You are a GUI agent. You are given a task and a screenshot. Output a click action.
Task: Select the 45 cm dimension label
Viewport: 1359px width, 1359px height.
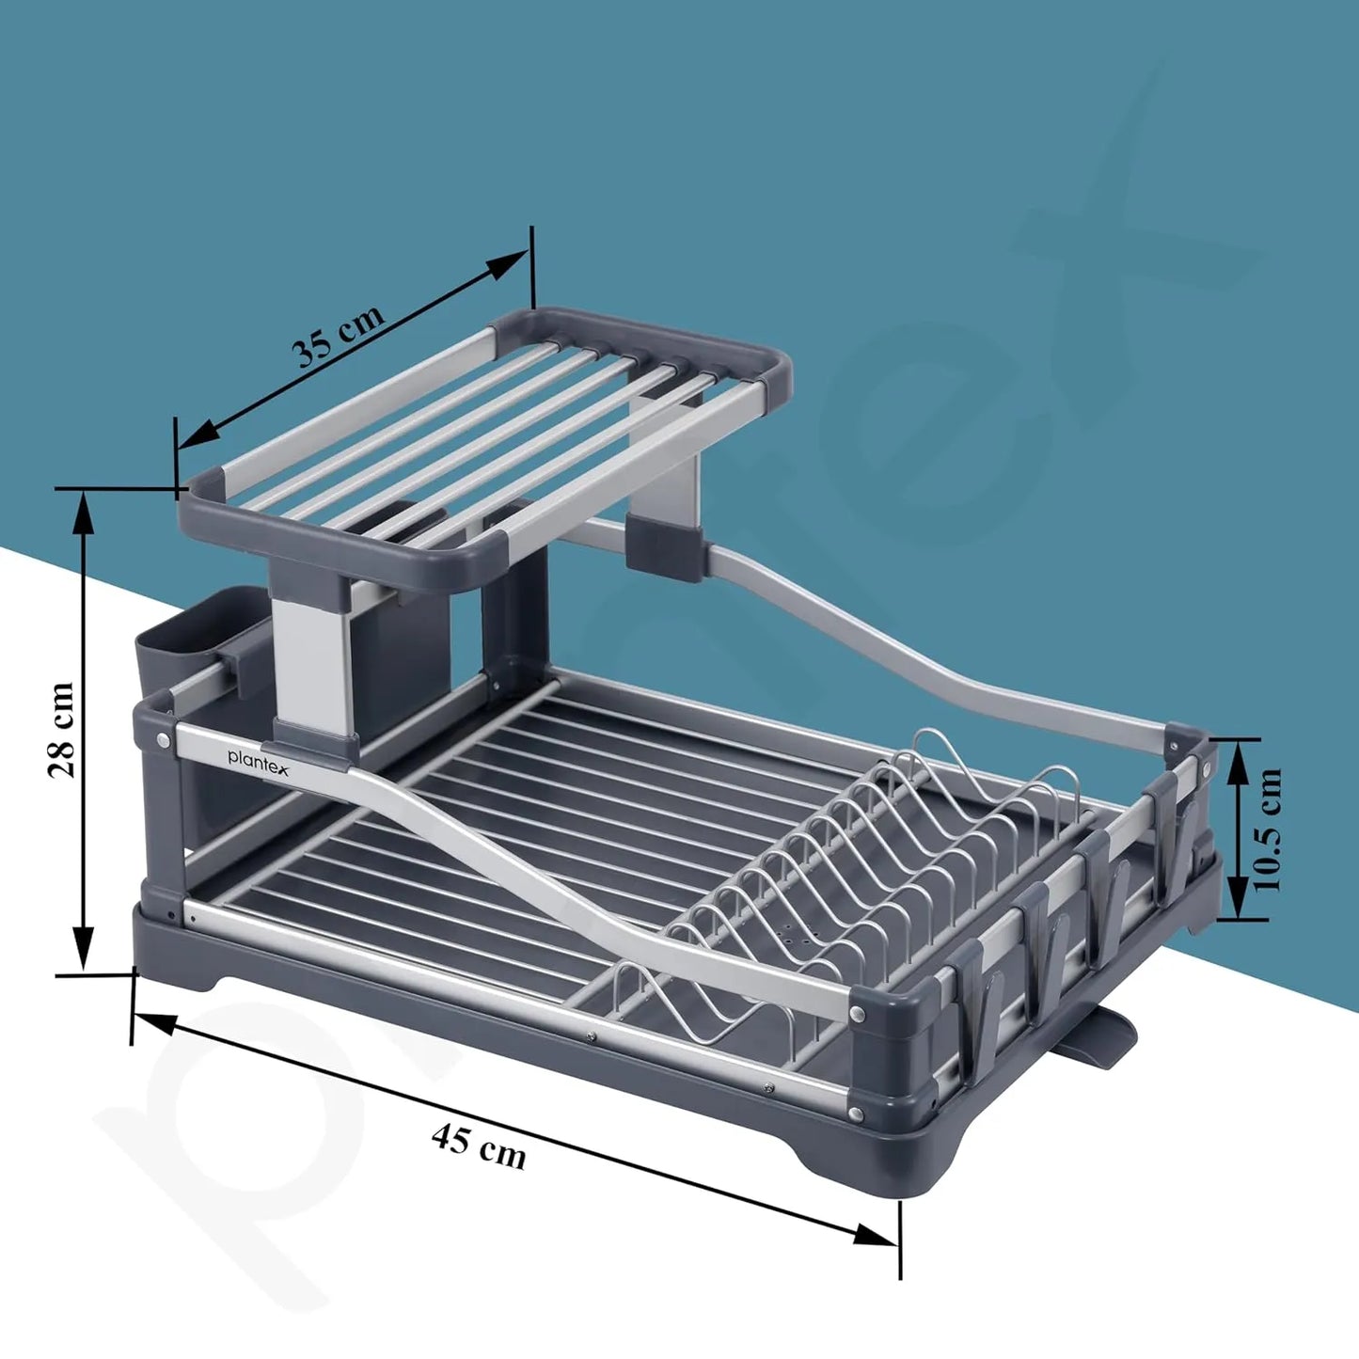[479, 1146]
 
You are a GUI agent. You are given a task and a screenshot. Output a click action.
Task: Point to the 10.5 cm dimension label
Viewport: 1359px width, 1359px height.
[1267, 830]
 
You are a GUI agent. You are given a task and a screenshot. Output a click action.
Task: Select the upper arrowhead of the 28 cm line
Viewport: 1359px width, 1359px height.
[85, 513]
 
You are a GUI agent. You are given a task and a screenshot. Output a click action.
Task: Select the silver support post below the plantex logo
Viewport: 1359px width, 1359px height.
[314, 658]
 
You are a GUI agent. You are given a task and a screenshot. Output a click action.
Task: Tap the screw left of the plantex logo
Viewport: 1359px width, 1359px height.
[166, 740]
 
